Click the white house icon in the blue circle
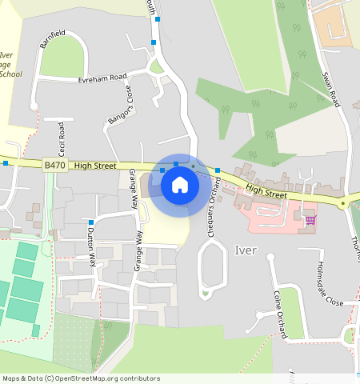[x=180, y=185]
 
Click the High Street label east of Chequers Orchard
[x=266, y=190]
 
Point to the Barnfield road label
[x=51, y=39]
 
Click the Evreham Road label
[x=102, y=78]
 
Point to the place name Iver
[x=246, y=250]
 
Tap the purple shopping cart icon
[x=310, y=219]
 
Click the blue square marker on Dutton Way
[x=91, y=222]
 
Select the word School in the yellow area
[x=10, y=74]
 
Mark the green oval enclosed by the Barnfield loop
[x=62, y=56]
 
